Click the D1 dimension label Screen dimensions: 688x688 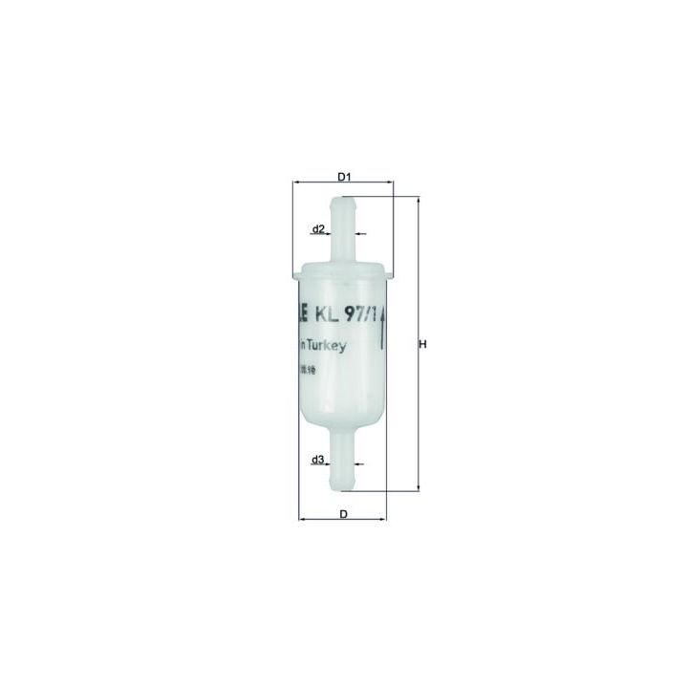pos(345,176)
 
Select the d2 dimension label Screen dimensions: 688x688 pos(319,228)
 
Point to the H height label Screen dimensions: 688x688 pos(422,345)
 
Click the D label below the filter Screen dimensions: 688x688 pos(342,514)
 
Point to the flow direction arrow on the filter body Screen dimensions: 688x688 pos(384,334)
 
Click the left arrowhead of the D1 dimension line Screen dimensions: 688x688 pos(296,182)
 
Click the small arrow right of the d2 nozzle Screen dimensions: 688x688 pos(361,232)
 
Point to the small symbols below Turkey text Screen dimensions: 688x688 pos(309,368)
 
